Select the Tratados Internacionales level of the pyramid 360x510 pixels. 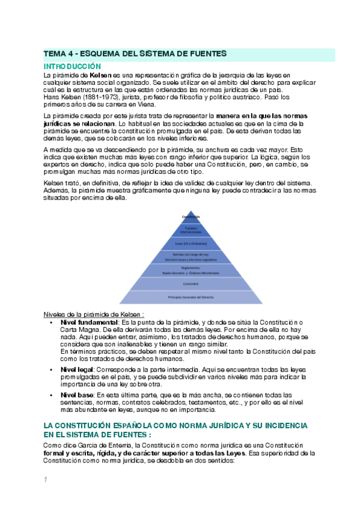[x=191, y=230]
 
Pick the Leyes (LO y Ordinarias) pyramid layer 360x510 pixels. [x=191, y=244]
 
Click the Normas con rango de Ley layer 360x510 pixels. [x=191, y=257]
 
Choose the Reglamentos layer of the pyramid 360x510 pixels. [x=191, y=271]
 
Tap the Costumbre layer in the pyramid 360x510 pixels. [x=191, y=283]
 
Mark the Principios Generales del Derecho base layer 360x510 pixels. [x=191, y=297]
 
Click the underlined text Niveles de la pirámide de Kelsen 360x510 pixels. [x=94, y=315]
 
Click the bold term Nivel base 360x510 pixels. [x=76, y=394]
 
